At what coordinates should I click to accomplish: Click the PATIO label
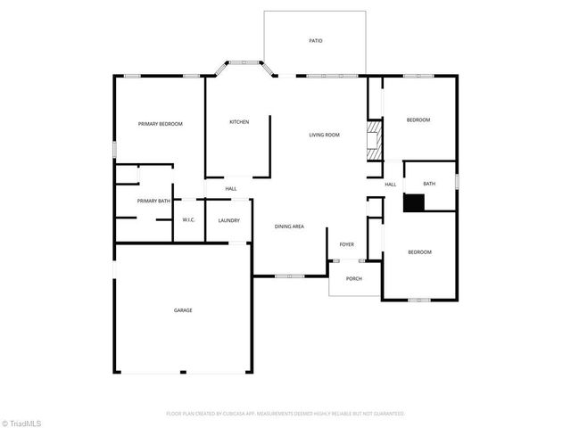(315, 41)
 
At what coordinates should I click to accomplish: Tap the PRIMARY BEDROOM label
(160, 124)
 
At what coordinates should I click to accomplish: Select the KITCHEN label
(238, 122)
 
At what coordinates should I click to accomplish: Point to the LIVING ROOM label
(324, 135)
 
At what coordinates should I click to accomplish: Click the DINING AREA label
(289, 226)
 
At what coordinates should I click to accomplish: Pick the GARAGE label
(183, 310)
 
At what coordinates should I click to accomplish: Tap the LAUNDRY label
(228, 219)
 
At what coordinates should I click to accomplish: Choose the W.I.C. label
(189, 219)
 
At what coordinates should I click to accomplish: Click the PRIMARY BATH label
(153, 202)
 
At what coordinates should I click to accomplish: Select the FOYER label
(346, 244)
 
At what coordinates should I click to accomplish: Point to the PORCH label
(354, 278)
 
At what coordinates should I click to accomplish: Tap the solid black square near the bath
(413, 202)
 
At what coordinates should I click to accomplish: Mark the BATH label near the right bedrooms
(429, 184)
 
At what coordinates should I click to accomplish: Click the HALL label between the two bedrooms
(391, 185)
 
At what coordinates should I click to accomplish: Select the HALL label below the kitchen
(230, 189)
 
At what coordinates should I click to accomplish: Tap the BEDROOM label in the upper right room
(418, 119)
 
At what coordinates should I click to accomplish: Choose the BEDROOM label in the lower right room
(419, 252)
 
